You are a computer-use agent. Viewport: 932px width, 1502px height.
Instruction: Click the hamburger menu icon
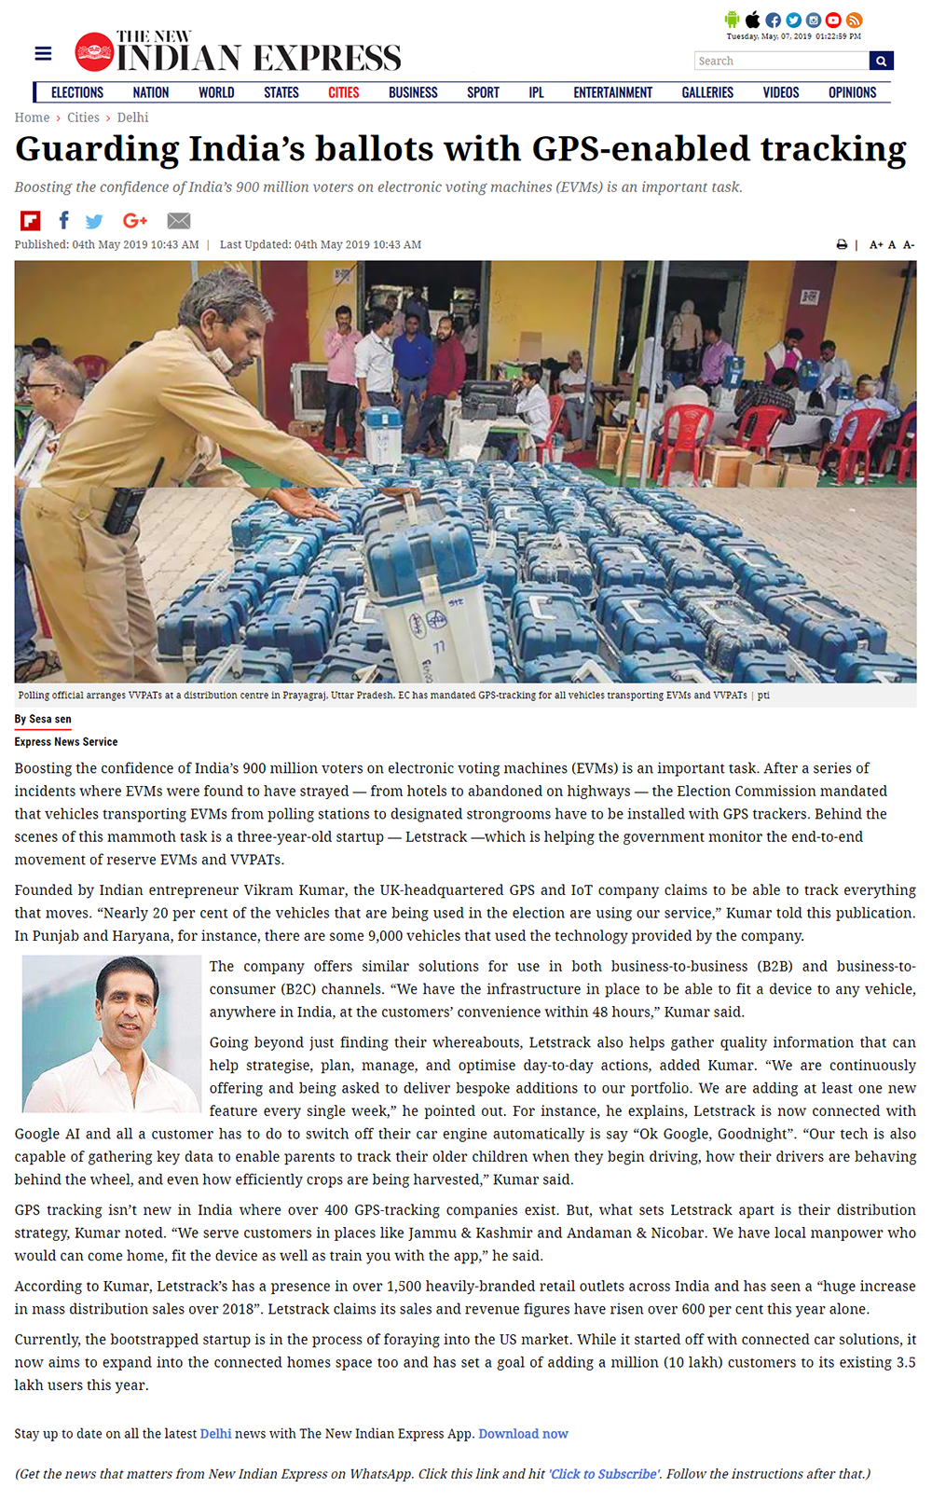tap(43, 53)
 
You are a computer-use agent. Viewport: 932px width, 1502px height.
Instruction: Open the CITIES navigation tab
tap(343, 92)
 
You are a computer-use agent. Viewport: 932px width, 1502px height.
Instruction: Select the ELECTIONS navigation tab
tap(77, 92)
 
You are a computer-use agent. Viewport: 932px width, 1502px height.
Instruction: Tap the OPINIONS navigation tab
tap(852, 92)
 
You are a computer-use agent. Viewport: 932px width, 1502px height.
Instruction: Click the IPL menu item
tap(536, 92)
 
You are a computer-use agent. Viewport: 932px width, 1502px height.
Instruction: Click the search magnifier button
tap(881, 61)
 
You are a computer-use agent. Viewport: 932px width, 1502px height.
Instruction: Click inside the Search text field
tap(781, 61)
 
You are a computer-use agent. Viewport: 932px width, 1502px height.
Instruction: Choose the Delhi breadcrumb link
tap(132, 117)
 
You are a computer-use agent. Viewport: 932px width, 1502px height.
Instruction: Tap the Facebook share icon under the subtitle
tap(63, 220)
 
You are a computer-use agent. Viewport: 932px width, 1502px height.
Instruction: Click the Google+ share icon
tap(135, 220)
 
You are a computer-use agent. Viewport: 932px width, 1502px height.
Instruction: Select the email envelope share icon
tap(179, 221)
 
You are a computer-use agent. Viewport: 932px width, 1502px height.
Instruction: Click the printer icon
tap(842, 244)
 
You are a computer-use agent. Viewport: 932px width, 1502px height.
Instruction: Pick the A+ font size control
tap(876, 244)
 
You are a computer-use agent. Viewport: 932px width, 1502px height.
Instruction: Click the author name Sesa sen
tap(49, 719)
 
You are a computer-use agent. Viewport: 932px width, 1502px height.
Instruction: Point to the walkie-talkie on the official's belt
tap(124, 507)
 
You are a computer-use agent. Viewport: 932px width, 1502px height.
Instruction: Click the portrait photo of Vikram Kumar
tap(112, 1033)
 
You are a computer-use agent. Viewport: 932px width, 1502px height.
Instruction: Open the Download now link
tap(523, 1434)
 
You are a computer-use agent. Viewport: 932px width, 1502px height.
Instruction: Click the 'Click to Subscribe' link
tap(604, 1474)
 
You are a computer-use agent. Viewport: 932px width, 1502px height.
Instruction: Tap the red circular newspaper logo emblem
tap(94, 52)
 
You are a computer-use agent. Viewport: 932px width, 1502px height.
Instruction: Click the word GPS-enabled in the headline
tap(640, 149)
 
